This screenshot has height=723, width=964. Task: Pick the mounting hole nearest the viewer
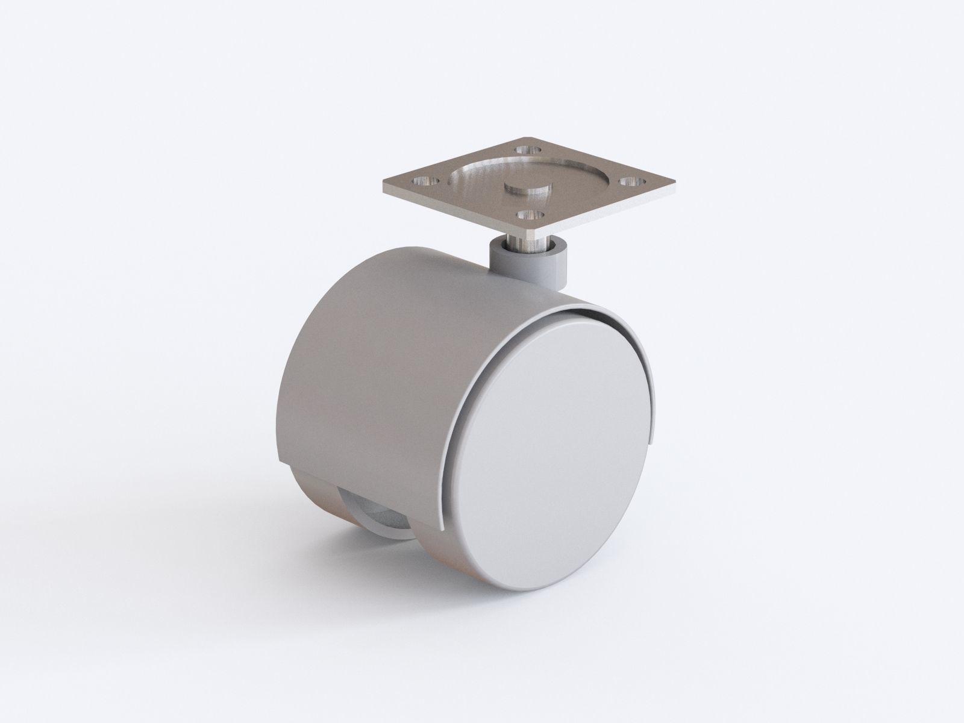point(528,213)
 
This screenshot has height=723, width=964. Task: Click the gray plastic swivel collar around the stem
point(530,265)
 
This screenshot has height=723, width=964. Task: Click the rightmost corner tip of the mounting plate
point(674,181)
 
